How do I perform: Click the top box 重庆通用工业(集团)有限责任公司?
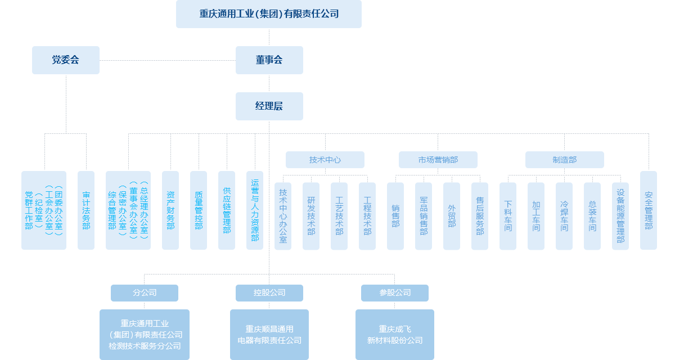(268, 14)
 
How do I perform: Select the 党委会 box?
(65, 60)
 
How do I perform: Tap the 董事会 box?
(269, 60)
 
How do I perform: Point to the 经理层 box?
(269, 106)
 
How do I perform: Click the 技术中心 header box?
(325, 160)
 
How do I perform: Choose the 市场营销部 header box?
(438, 160)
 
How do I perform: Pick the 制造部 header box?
(564, 160)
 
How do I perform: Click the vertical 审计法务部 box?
(85, 210)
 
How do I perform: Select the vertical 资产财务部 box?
(170, 210)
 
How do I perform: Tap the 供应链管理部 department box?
(226, 210)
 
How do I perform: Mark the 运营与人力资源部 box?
(254, 210)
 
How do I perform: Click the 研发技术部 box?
(310, 216)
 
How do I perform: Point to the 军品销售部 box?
(423, 216)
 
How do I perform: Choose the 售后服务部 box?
(479, 216)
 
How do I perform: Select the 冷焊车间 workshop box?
(564, 216)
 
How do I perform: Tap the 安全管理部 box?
(648, 210)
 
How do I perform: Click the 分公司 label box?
(144, 292)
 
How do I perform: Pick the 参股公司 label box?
(394, 292)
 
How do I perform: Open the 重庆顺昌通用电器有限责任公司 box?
(269, 334)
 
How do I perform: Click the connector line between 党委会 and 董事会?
(167, 60)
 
